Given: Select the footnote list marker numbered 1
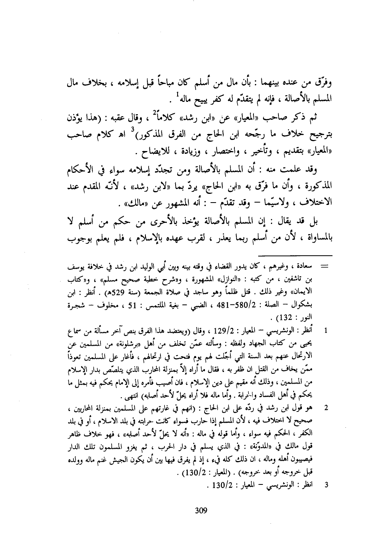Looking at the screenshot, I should [x=326, y=330].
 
